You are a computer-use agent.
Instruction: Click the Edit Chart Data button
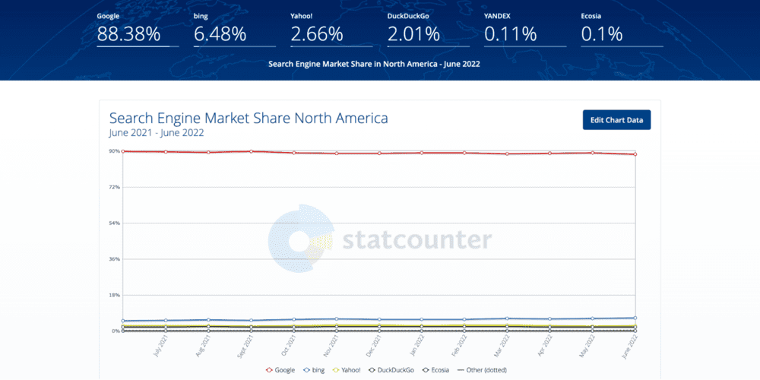tap(616, 120)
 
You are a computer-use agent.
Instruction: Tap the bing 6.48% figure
tap(220, 34)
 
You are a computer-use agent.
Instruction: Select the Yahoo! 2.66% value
tap(316, 34)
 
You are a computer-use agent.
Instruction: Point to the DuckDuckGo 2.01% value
tap(413, 34)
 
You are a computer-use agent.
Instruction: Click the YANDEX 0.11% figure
tap(510, 34)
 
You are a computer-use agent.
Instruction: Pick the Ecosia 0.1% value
tap(602, 34)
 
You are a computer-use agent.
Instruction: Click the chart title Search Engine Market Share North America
tap(249, 118)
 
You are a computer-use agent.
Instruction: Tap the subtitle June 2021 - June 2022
tap(157, 132)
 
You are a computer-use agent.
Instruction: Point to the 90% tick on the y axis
tap(114, 151)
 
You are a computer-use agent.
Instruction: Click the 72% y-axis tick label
tap(114, 187)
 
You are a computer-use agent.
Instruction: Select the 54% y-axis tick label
tap(114, 223)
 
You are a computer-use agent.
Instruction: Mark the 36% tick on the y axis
tap(114, 259)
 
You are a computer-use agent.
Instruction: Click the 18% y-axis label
tap(114, 295)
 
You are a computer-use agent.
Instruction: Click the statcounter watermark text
tap(416, 240)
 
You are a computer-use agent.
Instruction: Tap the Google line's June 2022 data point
tap(635, 154)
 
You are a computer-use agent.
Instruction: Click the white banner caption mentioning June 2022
tap(374, 64)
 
